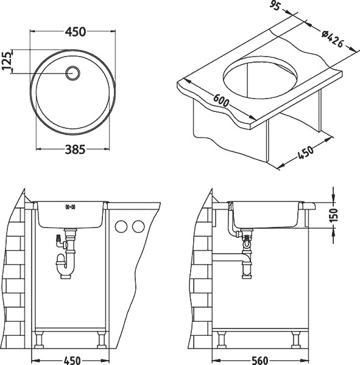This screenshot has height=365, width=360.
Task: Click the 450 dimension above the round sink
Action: [76, 32]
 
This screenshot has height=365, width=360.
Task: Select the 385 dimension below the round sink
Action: [76, 150]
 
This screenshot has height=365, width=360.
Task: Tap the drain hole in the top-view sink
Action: [72, 73]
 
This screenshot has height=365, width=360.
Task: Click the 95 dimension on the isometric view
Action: [275, 6]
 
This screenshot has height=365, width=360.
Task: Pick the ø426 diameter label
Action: [333, 40]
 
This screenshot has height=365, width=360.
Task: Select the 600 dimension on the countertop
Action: [221, 100]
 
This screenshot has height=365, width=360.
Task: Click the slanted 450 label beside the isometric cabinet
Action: [306, 153]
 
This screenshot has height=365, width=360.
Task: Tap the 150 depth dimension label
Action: [334, 215]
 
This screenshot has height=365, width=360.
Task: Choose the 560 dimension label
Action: [260, 361]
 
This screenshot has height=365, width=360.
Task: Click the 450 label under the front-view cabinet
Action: [72, 361]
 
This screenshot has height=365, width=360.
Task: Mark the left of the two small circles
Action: [121, 226]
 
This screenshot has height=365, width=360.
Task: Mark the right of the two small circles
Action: [138, 226]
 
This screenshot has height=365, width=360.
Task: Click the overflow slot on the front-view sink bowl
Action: [70, 206]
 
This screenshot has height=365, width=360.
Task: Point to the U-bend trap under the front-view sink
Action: [66, 265]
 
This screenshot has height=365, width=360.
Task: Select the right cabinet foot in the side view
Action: [297, 340]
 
